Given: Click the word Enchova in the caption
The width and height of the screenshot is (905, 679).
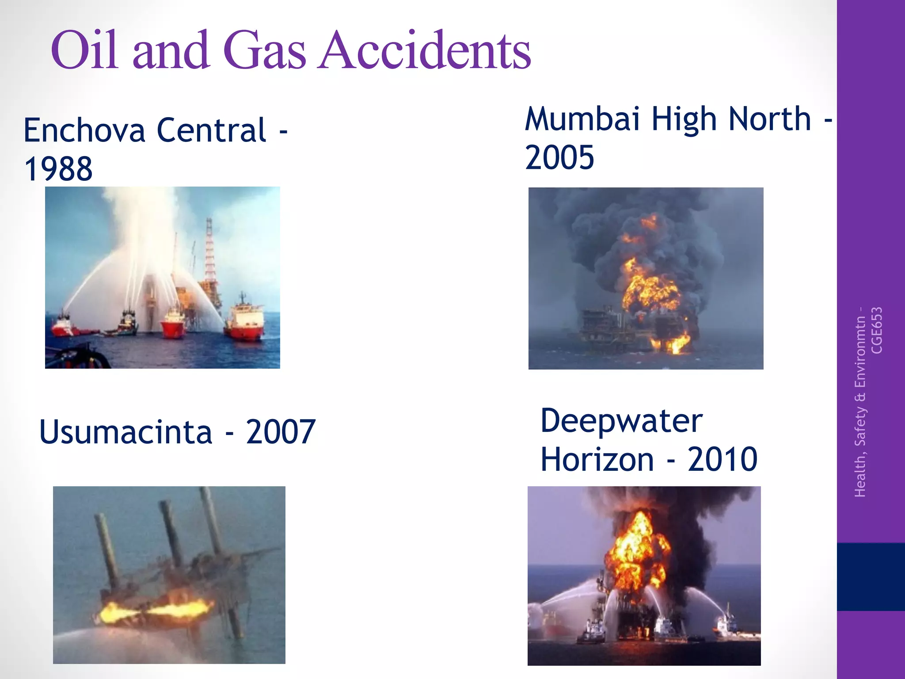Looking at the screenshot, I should (x=84, y=130).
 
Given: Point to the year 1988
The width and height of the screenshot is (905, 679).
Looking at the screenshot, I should (x=58, y=169).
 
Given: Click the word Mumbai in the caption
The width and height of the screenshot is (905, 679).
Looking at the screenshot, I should (x=582, y=119).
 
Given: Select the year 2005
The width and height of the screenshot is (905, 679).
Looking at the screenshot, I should (x=559, y=158).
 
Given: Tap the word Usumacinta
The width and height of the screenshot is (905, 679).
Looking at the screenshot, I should (x=126, y=432).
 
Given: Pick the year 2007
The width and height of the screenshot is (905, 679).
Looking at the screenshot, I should (x=281, y=432).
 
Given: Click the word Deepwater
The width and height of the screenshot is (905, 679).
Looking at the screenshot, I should (x=621, y=421).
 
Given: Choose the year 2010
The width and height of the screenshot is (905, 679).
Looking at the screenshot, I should (x=722, y=460).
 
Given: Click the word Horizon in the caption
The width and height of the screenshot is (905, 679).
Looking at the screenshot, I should (x=597, y=460).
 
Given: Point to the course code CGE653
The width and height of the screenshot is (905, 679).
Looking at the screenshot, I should (x=877, y=331).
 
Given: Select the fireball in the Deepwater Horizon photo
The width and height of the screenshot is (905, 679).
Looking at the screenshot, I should (x=636, y=548).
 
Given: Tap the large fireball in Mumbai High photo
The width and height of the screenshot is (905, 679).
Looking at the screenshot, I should (x=650, y=287).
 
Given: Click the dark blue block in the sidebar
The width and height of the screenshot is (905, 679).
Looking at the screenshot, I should (x=871, y=577).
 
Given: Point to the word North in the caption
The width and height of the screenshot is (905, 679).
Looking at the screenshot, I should (x=770, y=119).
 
